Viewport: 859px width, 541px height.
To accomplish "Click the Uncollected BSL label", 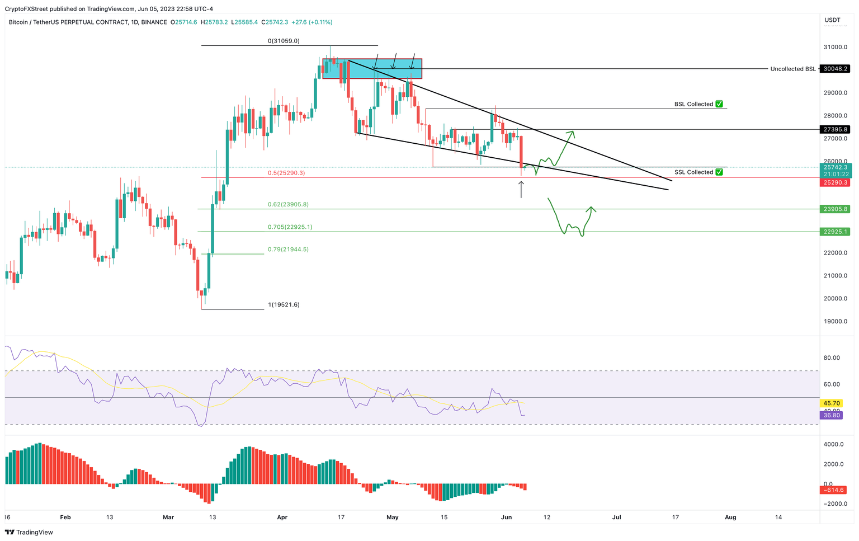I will click(792, 69).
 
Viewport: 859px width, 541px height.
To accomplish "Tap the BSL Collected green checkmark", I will click(719, 104).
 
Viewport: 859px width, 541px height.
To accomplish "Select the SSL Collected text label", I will click(693, 172).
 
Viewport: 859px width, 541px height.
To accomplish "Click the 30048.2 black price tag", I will click(835, 69).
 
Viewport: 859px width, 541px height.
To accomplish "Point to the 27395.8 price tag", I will click(835, 129).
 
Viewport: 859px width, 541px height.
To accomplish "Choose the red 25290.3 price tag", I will click(835, 182).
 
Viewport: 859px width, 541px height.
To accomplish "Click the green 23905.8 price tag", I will click(835, 209).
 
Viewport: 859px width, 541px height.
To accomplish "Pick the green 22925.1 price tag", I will click(835, 232).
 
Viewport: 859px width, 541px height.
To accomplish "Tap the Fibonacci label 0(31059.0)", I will click(284, 41).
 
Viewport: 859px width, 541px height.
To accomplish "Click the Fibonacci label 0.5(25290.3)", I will click(286, 173).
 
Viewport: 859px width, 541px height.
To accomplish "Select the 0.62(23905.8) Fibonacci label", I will click(287, 204).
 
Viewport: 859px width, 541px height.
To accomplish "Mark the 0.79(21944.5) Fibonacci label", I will click(287, 250).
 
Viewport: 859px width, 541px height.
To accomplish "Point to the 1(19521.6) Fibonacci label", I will click(284, 305).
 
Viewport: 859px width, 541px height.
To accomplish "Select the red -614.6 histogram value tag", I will click(833, 490).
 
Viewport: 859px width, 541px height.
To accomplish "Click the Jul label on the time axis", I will click(617, 518).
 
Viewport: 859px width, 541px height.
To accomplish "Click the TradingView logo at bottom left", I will click(29, 533).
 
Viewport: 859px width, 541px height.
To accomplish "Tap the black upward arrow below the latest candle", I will click(521, 189).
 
